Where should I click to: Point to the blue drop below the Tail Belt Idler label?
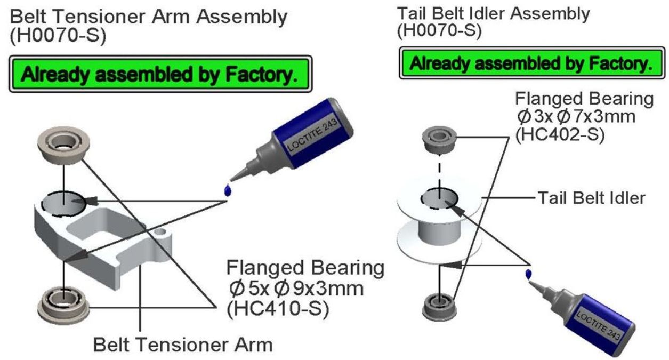pos(528,273)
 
